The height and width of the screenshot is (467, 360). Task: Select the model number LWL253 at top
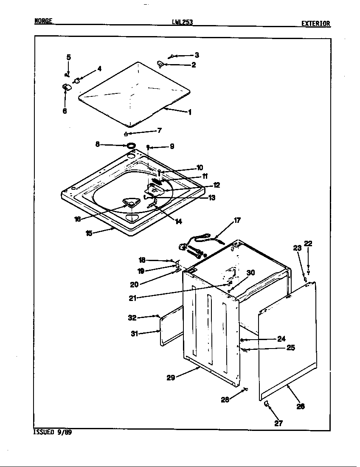coord(182,23)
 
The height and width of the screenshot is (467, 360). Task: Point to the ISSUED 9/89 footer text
coord(50,433)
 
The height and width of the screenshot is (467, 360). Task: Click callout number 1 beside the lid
coord(189,113)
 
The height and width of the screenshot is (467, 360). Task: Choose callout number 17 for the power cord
coord(237,220)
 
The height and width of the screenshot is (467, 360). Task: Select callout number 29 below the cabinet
coord(171,377)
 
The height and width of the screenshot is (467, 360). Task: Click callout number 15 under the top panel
coord(89,233)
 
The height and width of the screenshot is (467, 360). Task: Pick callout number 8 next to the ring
coord(98,144)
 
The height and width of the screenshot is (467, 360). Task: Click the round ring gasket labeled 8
coord(132,146)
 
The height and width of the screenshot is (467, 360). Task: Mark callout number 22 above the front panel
coord(308,243)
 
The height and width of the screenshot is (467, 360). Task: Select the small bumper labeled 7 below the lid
coord(126,134)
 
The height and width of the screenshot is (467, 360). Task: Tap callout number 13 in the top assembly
coord(211,197)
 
